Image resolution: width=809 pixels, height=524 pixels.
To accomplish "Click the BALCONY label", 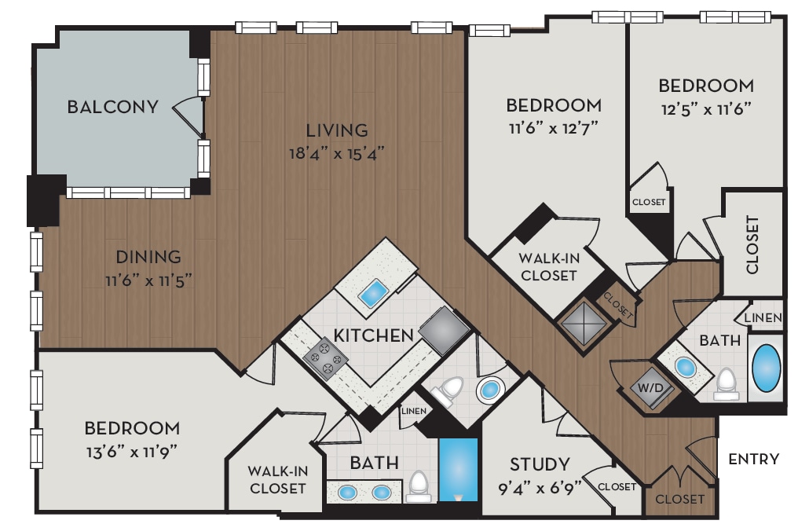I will (113, 107).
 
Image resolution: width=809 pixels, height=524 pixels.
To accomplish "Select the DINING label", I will (148, 257).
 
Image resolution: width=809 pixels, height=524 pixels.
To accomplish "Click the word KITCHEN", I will (374, 335).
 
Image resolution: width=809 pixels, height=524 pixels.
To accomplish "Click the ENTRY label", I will (753, 460).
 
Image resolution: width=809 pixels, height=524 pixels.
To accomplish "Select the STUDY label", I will (540, 464).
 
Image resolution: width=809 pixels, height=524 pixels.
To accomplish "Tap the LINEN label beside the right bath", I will (763, 318).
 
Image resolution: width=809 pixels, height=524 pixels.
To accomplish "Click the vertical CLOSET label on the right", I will (752, 244).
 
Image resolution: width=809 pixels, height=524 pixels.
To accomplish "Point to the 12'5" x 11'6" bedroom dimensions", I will (705, 108).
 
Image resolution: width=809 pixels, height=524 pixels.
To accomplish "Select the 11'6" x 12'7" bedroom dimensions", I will (554, 127).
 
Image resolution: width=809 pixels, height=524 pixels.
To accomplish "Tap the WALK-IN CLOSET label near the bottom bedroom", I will (276, 480).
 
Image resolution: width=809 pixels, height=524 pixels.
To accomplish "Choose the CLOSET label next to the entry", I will (679, 499).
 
